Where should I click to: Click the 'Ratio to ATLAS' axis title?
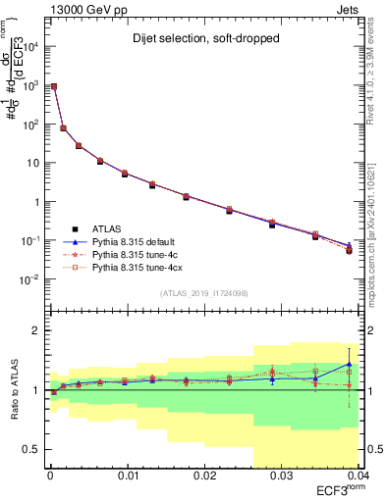15,389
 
